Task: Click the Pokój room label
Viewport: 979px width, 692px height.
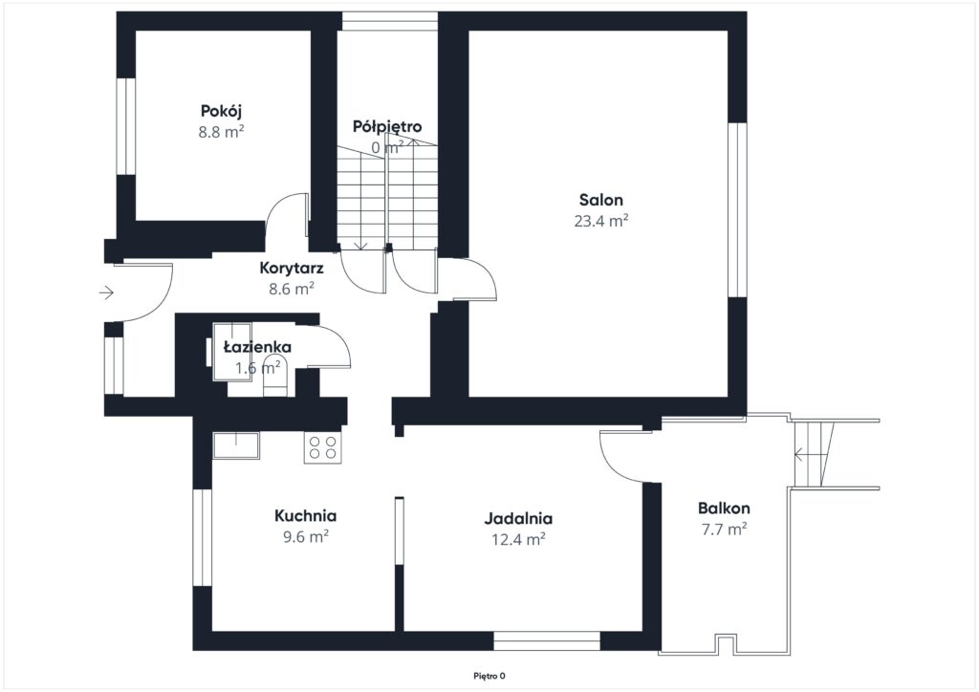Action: pos(221,111)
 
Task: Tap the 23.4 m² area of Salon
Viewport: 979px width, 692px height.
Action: pos(600,221)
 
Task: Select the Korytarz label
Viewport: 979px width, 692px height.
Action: pos(292,269)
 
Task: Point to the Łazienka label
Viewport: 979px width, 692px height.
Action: pos(257,346)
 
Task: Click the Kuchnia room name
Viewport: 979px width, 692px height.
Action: pos(305,516)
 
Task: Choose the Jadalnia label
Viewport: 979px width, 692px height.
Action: pos(518,519)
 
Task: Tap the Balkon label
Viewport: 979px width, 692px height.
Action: pos(724,508)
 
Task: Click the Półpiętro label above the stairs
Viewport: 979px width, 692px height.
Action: pos(387,127)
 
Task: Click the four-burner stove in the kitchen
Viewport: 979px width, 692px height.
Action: pos(323,446)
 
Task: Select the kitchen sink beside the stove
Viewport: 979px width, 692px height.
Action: pos(237,444)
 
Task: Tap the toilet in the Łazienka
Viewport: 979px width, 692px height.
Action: pos(274,375)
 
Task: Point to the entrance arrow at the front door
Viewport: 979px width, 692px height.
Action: pos(106,292)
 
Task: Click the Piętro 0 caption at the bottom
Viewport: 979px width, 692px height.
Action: pos(489,676)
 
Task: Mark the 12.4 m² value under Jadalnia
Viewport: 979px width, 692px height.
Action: pos(518,539)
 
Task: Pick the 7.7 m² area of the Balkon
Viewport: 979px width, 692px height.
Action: pos(725,530)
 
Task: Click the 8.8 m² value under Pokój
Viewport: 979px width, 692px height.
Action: pos(221,132)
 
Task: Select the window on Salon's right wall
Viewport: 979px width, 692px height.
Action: pos(737,209)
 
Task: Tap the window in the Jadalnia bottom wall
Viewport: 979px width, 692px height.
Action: pos(547,641)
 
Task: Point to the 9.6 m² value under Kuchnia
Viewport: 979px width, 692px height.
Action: pos(305,536)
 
